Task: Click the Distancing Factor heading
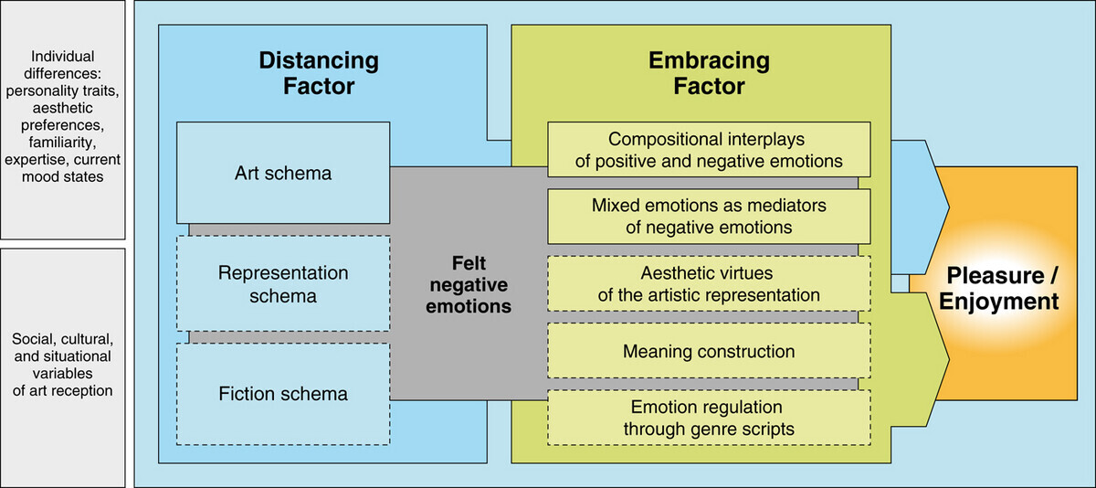pos(319,74)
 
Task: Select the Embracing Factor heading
pos(709,74)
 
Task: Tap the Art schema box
pos(283,173)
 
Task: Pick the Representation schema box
pos(283,283)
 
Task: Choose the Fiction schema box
pos(283,394)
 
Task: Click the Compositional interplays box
pos(710,151)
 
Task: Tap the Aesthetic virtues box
pos(710,283)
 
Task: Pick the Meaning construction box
pos(710,351)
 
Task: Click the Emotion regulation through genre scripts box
pos(710,416)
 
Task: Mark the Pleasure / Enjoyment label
pos(1002,289)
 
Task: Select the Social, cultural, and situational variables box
pos(61,365)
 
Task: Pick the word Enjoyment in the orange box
pos(1002,302)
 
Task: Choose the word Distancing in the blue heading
pos(319,61)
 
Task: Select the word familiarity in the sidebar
pos(61,143)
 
